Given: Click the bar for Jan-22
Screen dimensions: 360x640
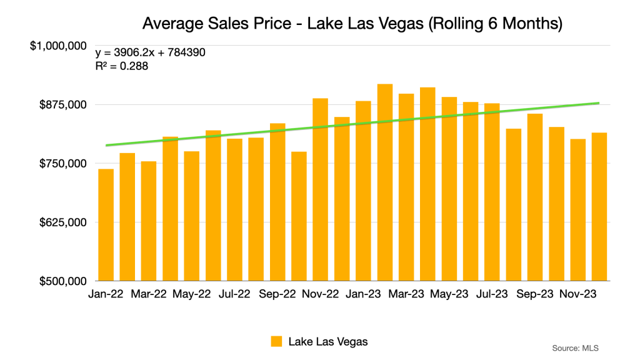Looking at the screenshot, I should pyautogui.click(x=106, y=225).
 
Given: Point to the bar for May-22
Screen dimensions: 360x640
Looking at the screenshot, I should pyautogui.click(x=192, y=216).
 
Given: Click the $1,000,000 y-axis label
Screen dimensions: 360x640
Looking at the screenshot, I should pyautogui.click(x=59, y=46).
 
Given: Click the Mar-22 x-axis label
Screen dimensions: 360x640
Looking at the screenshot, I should pyautogui.click(x=149, y=294).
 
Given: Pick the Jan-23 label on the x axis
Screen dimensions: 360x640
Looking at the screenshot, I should pyautogui.click(x=364, y=294).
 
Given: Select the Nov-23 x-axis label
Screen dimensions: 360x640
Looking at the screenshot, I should pyautogui.click(x=578, y=294).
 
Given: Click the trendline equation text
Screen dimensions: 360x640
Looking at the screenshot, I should pyautogui.click(x=150, y=52).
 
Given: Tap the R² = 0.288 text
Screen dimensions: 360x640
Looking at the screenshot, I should pyautogui.click(x=121, y=66).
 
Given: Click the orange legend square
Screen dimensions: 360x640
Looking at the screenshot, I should pyautogui.click(x=276, y=341).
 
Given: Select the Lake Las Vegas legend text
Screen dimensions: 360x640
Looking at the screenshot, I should pyautogui.click(x=328, y=341).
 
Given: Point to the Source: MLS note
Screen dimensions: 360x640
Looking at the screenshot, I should pyautogui.click(x=576, y=347).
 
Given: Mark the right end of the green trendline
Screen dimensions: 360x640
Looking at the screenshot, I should pyautogui.click(x=599, y=103).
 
